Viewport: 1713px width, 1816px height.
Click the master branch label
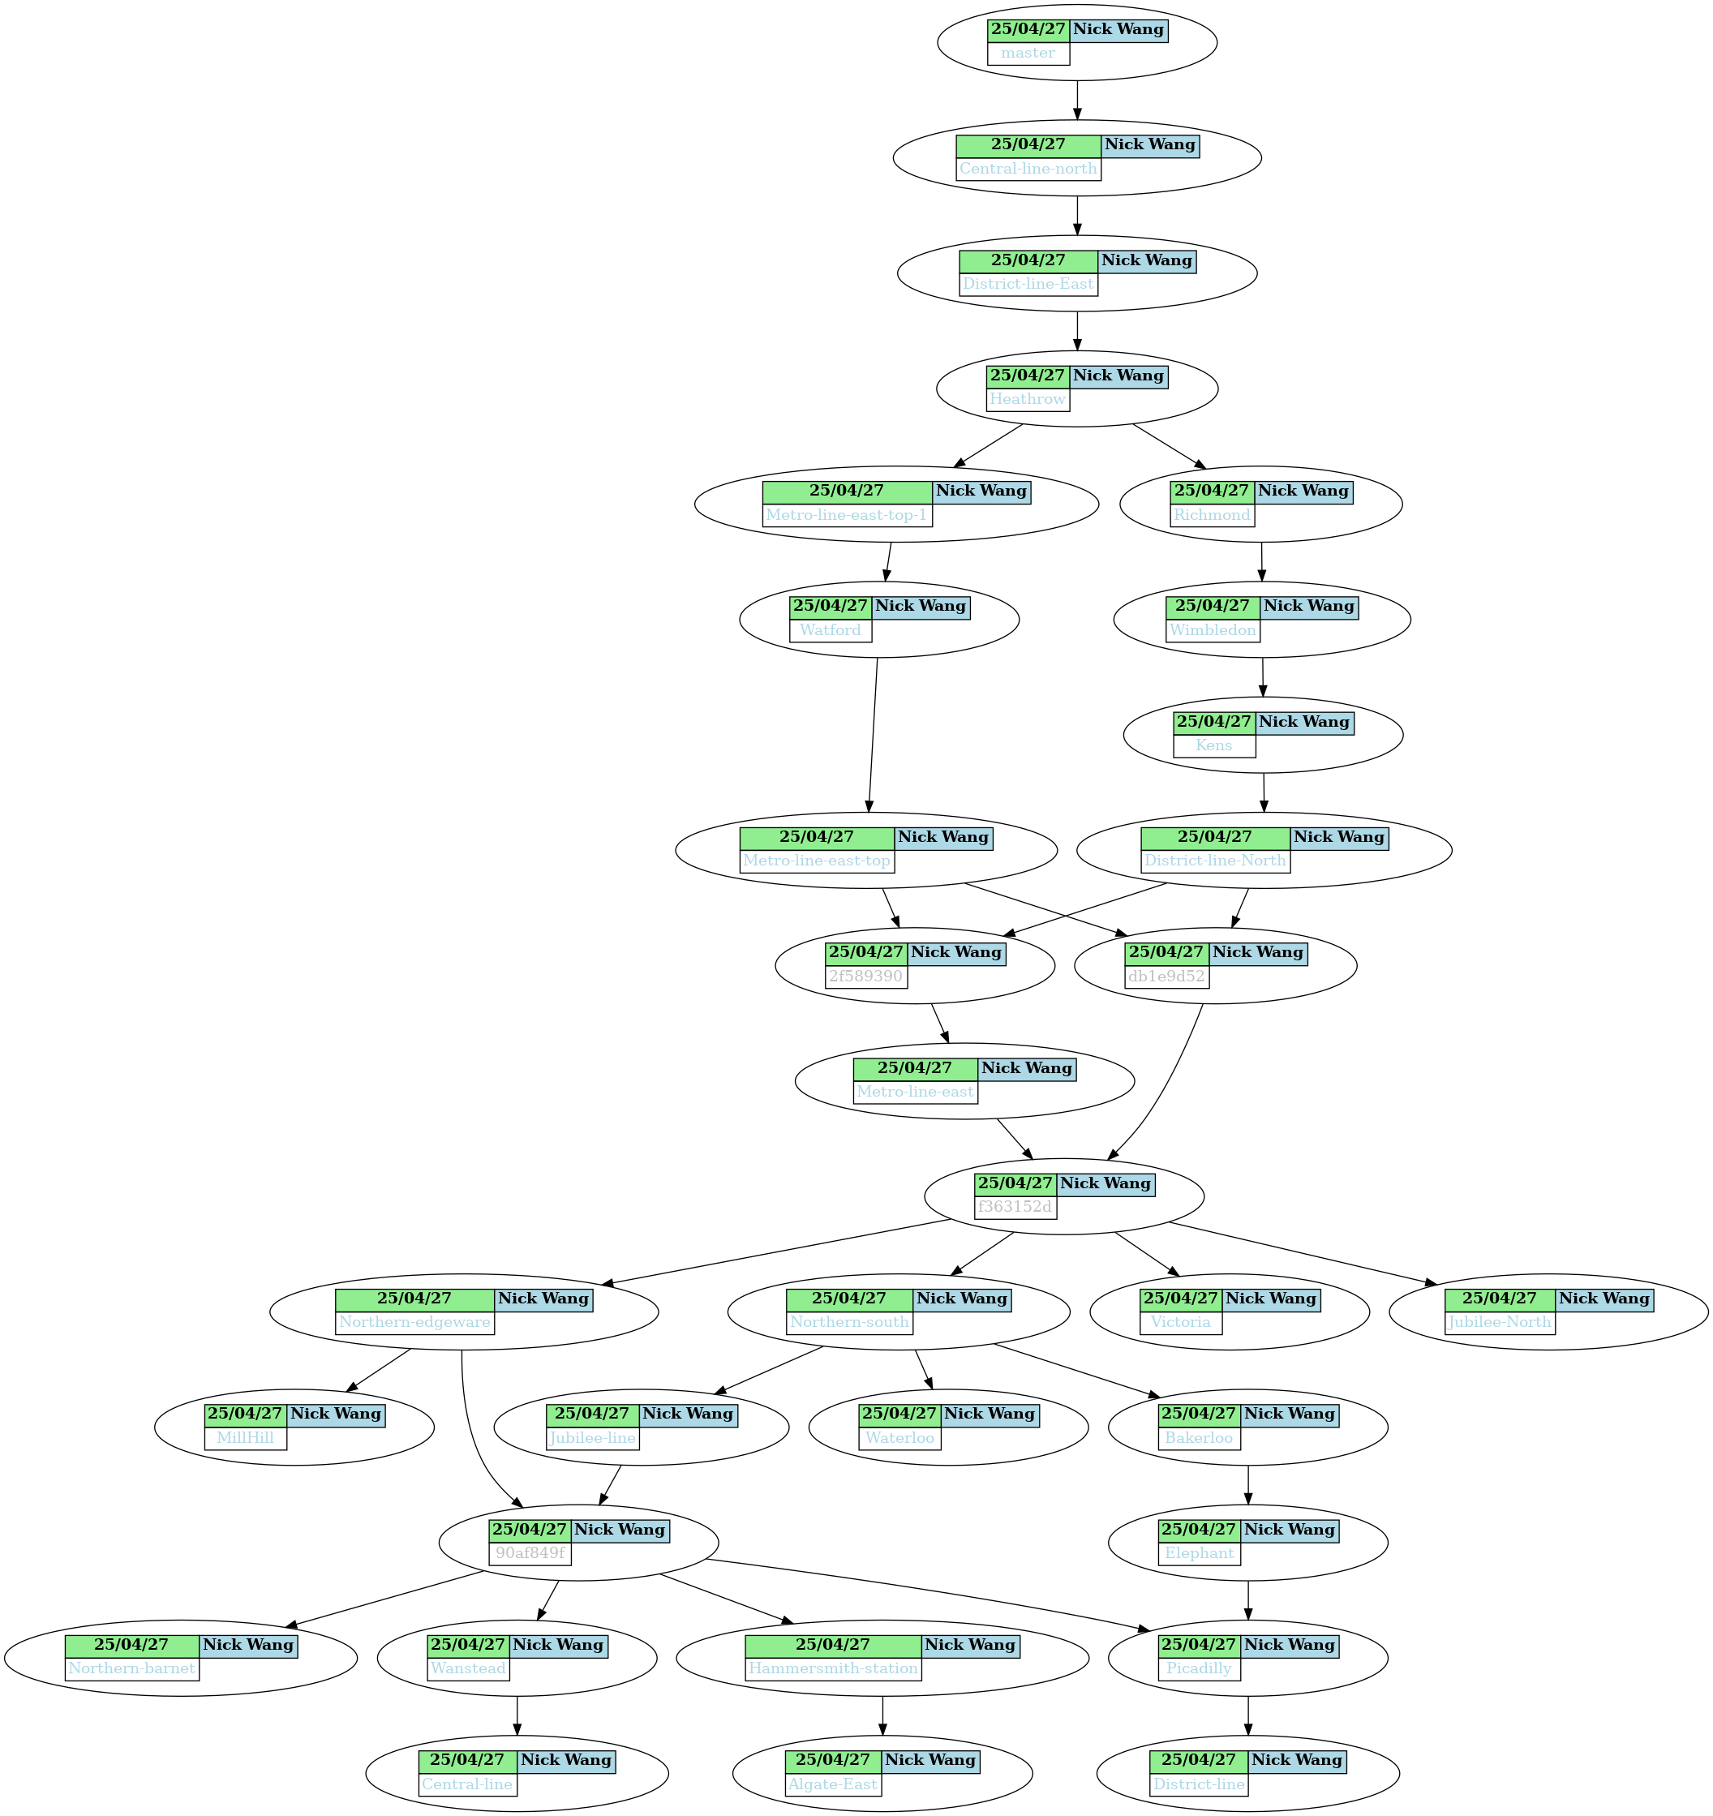click(1028, 53)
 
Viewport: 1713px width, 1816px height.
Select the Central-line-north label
click(1028, 169)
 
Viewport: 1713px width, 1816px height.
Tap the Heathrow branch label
click(1028, 399)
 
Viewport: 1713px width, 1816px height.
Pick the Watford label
click(831, 630)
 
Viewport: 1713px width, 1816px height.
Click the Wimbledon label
click(1213, 630)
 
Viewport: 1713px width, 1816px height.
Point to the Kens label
click(1213, 745)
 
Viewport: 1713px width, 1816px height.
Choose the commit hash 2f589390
click(865, 977)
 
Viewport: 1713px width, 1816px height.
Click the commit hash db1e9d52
click(1166, 977)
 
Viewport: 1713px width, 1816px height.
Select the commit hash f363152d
click(1015, 1207)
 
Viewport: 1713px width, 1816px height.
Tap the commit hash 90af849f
click(530, 1553)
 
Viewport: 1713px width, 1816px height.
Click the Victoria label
click(1180, 1322)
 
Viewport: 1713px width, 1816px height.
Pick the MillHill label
click(245, 1438)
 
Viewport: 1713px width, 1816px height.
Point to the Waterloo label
click(900, 1438)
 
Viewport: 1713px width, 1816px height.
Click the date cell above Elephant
click(1199, 1529)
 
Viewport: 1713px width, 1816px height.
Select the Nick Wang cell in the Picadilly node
click(1289, 1644)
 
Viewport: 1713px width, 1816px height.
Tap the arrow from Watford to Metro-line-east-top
click(873, 735)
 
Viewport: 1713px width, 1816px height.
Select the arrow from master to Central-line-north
click(1077, 101)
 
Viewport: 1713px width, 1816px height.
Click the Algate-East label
click(832, 1784)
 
